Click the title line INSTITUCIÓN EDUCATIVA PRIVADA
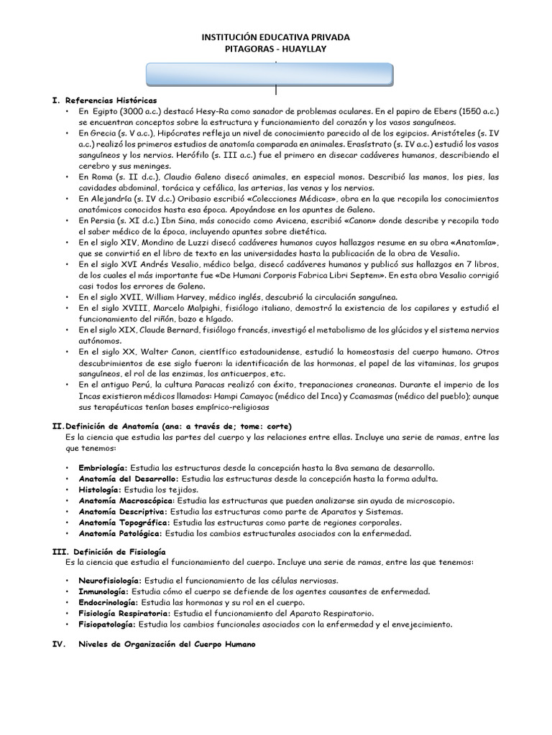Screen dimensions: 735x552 [275, 36]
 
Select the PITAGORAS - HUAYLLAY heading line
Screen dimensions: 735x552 [275, 48]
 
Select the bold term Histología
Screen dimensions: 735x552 [103, 489]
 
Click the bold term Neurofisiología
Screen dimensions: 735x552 [111, 579]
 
